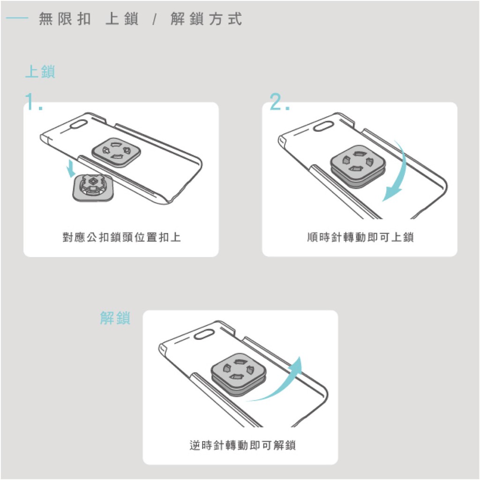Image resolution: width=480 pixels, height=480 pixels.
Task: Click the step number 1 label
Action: point(33,102)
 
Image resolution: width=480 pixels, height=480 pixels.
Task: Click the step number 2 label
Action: point(279,102)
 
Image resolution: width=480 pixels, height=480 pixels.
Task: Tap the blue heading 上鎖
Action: point(40,72)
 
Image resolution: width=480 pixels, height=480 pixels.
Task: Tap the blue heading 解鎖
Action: point(115,318)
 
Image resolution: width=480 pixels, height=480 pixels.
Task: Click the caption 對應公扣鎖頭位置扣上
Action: point(121,237)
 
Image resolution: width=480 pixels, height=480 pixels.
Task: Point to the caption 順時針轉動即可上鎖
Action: point(360,237)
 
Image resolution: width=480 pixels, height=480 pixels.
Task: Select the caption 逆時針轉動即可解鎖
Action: point(242,445)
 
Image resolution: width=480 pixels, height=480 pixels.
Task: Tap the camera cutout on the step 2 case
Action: point(324,126)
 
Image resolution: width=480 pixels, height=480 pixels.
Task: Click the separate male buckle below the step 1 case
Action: point(93,187)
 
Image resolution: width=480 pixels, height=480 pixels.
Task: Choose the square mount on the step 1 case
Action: point(116,152)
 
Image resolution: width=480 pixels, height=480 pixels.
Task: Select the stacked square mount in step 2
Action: point(358,166)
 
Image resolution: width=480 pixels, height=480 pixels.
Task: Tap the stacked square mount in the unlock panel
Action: point(239,375)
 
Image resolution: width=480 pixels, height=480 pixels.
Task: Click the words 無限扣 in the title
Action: point(65,19)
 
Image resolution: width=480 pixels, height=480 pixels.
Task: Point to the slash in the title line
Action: point(155,20)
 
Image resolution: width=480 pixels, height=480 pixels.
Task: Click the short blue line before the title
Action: point(17,18)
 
